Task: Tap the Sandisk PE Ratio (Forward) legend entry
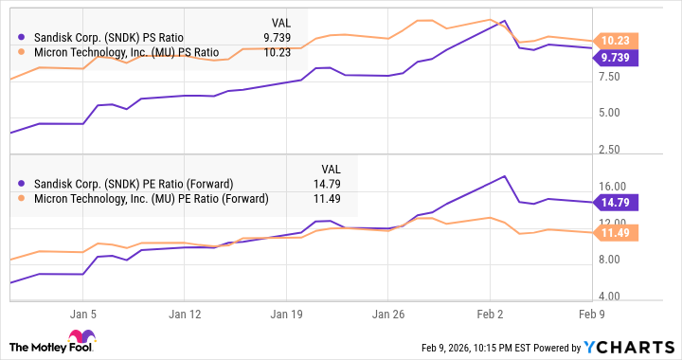pyautogui.click(x=133, y=184)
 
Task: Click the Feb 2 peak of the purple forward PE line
pyautogui.click(x=505, y=176)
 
